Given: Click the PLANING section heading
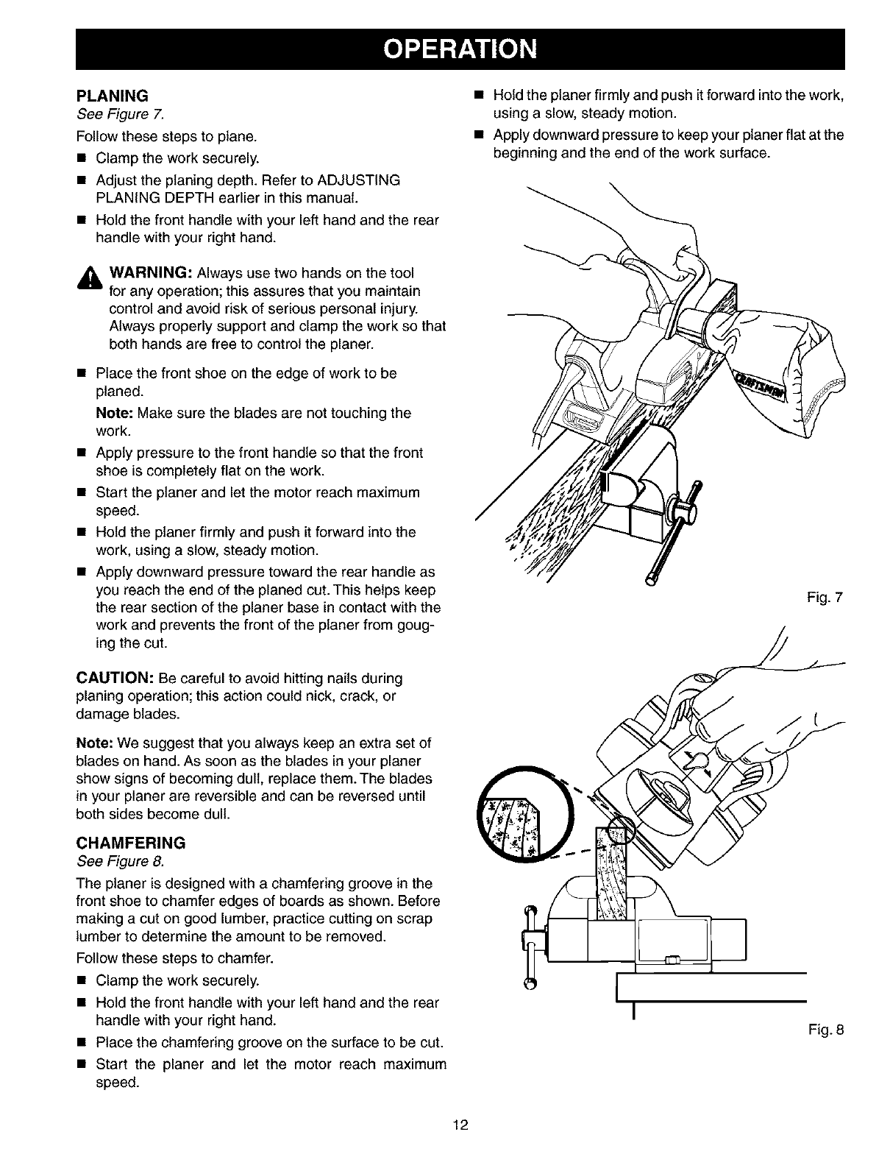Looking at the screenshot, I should [113, 96].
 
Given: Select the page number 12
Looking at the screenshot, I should [460, 1124].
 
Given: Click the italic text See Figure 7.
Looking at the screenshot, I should [121, 113].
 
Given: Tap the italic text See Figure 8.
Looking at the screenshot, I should [121, 860].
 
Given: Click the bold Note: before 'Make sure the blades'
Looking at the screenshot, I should [114, 413].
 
